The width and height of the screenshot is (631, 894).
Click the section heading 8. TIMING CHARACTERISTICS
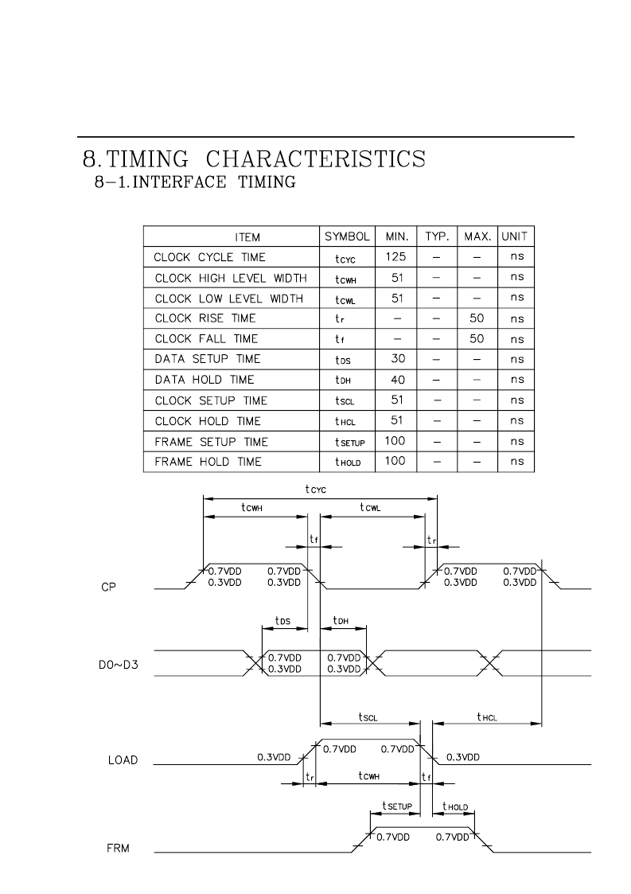click(254, 159)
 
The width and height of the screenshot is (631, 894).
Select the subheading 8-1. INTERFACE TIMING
click(195, 182)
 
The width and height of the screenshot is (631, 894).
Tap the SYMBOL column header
click(347, 236)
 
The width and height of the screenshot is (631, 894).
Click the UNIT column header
click(514, 236)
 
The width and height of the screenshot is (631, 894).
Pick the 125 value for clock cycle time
click(395, 256)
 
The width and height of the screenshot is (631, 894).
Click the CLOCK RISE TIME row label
click(205, 318)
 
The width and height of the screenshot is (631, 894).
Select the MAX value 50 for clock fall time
click(477, 338)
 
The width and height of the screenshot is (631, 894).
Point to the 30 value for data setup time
click(398, 358)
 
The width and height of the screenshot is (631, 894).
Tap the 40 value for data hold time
click(398, 380)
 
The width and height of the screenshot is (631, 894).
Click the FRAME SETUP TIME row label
click(211, 442)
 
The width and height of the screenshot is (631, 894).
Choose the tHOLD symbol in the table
click(348, 462)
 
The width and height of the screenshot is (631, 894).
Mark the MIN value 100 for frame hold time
click(395, 461)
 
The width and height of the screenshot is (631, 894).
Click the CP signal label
click(108, 588)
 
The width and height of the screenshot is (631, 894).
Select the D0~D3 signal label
click(119, 665)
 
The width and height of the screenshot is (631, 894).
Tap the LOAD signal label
click(123, 760)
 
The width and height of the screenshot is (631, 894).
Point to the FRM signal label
click(118, 849)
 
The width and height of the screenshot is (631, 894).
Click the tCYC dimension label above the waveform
click(315, 489)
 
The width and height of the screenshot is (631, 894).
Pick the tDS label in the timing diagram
click(282, 621)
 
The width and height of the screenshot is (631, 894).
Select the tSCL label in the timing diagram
click(368, 717)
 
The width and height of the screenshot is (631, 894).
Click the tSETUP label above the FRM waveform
click(397, 806)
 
